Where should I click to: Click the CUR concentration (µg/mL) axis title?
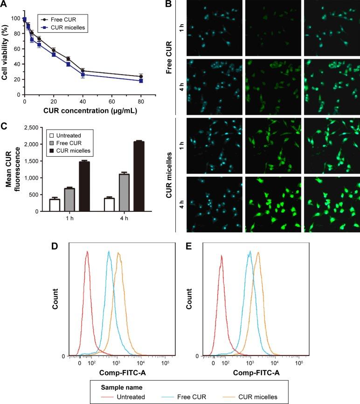(x=83, y=111)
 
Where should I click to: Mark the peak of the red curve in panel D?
(x=87, y=252)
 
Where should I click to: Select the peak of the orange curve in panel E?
(x=257, y=253)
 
